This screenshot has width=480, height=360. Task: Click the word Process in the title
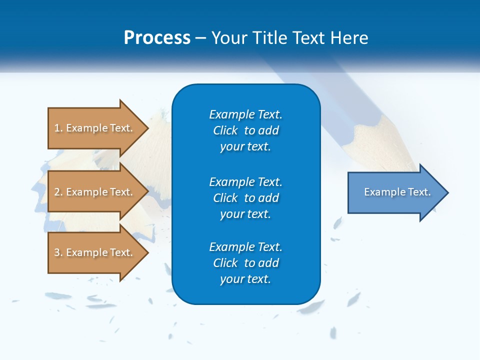(157, 37)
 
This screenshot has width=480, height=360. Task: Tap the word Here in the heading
(348, 37)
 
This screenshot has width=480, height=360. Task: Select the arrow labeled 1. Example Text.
(95, 128)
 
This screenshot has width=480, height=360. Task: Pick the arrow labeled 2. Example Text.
(95, 192)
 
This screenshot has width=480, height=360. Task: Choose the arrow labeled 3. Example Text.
(95, 252)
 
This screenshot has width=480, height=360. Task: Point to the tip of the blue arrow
(447, 192)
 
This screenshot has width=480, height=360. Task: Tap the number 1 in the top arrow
(57, 128)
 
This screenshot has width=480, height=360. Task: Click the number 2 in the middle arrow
(57, 192)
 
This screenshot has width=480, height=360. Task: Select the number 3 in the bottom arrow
(57, 252)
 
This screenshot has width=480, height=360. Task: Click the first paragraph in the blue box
(246, 130)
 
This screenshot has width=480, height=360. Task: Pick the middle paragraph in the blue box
(246, 198)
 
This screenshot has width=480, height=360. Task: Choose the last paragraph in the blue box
(246, 263)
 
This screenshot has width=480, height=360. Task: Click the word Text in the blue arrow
(420, 192)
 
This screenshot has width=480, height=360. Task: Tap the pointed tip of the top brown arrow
(147, 128)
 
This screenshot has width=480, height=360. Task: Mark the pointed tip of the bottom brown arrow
(147, 252)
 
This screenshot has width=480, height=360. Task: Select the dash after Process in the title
(201, 38)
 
